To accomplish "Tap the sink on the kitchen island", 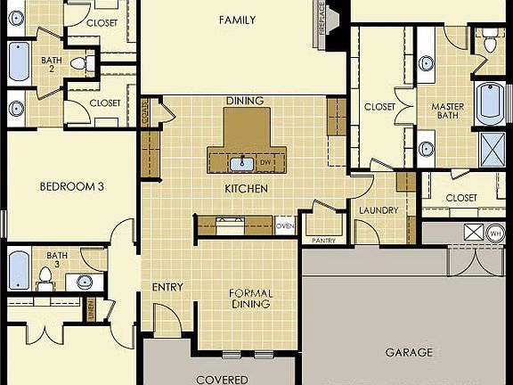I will [241, 163].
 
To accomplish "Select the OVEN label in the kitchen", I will [285, 226].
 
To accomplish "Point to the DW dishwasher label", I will [265, 163].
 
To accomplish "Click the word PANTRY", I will [322, 241].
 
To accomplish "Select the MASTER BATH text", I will [448, 111].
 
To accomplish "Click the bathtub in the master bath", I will [491, 104].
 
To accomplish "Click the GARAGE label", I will [409, 352].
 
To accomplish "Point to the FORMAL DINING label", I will [250, 299].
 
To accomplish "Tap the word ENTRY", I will [167, 287].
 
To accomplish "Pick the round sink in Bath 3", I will [85, 282].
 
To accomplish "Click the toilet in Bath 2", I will [78, 63].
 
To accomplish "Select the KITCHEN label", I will [240, 190].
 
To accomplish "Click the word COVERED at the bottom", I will [223, 380].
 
